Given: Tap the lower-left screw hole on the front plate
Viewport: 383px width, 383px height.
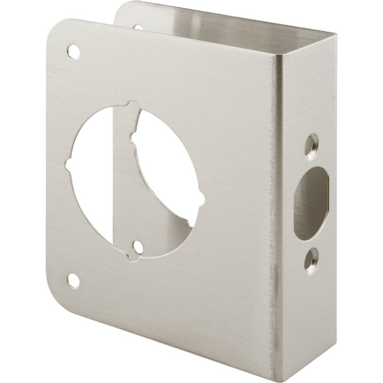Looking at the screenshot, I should (x=73, y=280).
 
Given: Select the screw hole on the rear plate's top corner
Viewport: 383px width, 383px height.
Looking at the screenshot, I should (x=138, y=28).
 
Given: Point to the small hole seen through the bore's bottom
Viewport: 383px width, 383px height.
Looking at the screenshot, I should (x=138, y=247).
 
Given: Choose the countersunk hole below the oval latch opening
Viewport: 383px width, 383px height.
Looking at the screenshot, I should (x=312, y=259).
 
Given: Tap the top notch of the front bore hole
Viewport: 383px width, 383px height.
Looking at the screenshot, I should (x=132, y=106).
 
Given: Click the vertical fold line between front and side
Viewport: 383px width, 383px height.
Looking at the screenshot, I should (x=277, y=214).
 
